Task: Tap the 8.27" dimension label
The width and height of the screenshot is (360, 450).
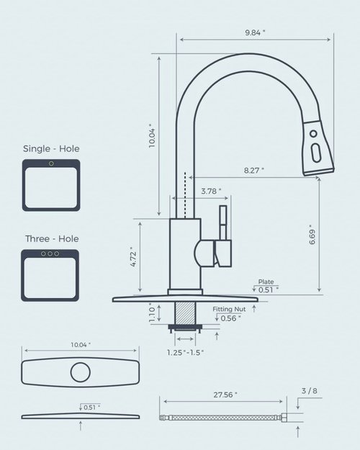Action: [x=253, y=170]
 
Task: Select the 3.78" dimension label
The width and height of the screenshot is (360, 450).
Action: [x=210, y=191]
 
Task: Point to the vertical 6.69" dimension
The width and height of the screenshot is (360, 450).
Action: [x=312, y=235]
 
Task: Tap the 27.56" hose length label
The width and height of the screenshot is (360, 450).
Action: [x=225, y=395]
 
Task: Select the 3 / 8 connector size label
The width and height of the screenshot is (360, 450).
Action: [x=309, y=390]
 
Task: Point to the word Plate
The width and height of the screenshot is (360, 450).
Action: [x=266, y=282]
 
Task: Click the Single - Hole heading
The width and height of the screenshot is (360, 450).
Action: [x=51, y=149]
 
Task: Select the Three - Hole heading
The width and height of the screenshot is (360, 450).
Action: [x=51, y=238]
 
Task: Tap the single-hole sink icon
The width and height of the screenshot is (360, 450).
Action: [x=51, y=185]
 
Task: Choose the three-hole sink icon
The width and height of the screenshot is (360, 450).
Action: [x=51, y=275]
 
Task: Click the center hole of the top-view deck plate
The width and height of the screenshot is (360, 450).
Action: [x=80, y=372]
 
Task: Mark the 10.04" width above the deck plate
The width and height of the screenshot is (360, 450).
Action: [x=80, y=346]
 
